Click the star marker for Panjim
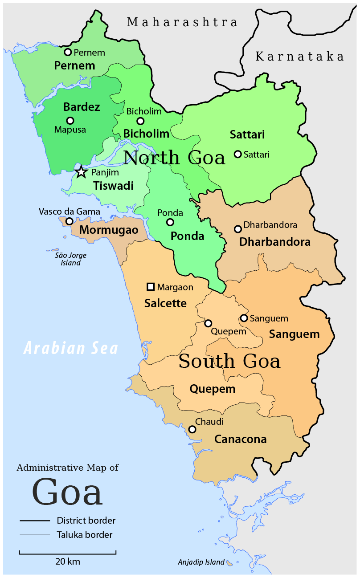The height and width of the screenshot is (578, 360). pyautogui.click(x=81, y=172)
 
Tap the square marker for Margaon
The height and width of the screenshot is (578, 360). pyautogui.click(x=151, y=287)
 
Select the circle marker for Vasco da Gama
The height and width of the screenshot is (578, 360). pyautogui.click(x=70, y=221)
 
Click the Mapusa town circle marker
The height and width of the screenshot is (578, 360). pyautogui.click(x=70, y=120)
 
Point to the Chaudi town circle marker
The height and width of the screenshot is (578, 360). pyautogui.click(x=192, y=429)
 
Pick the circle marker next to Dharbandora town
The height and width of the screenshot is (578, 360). pyautogui.click(x=238, y=229)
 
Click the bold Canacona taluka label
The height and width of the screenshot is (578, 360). pyautogui.click(x=241, y=439)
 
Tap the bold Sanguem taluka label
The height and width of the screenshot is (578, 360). pyautogui.click(x=294, y=334)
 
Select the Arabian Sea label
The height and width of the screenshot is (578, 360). pyautogui.click(x=71, y=348)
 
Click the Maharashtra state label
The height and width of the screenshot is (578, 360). pyautogui.click(x=182, y=22)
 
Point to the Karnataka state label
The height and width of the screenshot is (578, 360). pyautogui.click(x=300, y=57)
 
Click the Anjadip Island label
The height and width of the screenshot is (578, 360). pyautogui.click(x=201, y=562)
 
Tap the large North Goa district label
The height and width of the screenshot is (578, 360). pyautogui.click(x=174, y=158)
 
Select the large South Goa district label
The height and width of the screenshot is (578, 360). pyautogui.click(x=229, y=361)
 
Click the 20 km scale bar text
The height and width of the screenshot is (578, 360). pyautogui.click(x=68, y=561)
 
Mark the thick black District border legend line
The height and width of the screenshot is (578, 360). pyautogui.click(x=35, y=521)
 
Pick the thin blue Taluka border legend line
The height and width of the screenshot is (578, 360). pyautogui.click(x=35, y=535)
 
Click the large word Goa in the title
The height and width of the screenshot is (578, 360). pyautogui.click(x=67, y=492)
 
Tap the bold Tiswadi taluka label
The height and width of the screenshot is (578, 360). pyautogui.click(x=113, y=186)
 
